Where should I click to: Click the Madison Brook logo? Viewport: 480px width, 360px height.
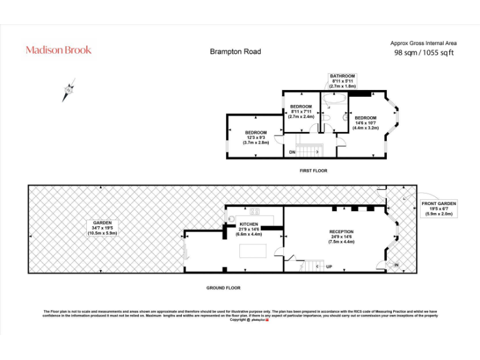58,50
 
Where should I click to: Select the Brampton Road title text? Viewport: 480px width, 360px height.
235,52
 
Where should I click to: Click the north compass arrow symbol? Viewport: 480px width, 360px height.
68,91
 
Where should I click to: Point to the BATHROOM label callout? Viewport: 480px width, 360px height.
342,81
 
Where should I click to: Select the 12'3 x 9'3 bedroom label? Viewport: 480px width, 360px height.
256,137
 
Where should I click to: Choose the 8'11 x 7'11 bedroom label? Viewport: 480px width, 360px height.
301,111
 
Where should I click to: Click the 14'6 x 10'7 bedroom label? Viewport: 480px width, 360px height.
366,122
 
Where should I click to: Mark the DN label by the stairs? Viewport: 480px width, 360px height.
292,152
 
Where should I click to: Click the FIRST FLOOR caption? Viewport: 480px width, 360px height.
313,171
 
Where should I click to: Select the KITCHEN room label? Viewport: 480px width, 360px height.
249,229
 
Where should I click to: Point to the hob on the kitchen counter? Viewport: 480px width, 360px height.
254,211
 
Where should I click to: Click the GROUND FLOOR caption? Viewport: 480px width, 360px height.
223,288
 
